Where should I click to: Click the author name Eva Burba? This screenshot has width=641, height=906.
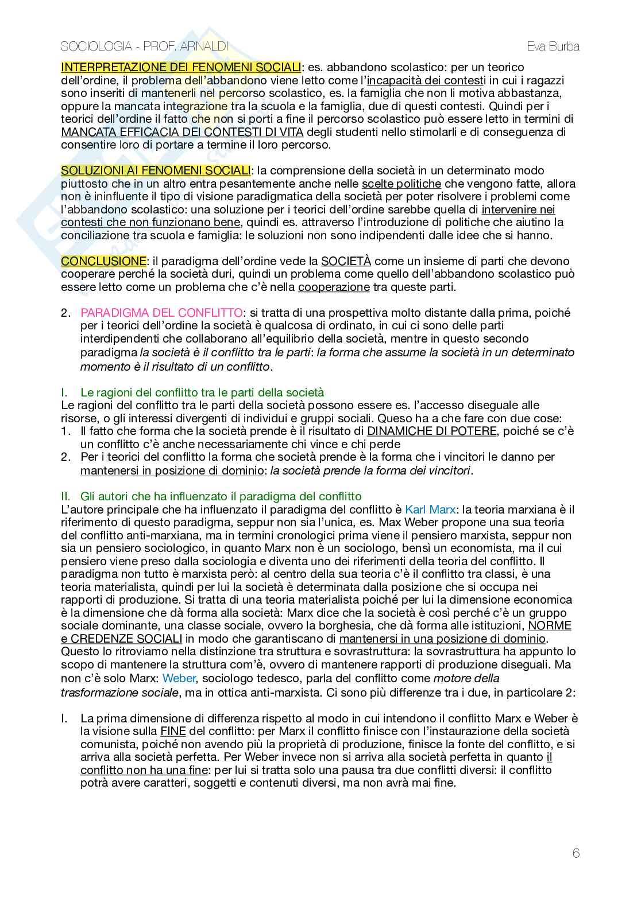pos(553,47)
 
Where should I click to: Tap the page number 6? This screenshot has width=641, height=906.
pos(576,853)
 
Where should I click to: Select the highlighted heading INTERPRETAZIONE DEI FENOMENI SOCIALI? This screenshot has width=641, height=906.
pos(181,67)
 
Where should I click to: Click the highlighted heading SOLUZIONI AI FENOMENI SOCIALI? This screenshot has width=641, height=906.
pos(156,170)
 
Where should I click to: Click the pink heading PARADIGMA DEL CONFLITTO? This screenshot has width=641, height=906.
pos(161,313)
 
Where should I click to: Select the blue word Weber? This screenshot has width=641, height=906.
pos(179,678)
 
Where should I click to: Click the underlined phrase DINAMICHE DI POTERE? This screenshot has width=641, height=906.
pos(431,430)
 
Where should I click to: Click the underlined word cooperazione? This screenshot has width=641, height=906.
pos(334,287)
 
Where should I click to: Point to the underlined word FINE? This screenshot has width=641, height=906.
pos(173,731)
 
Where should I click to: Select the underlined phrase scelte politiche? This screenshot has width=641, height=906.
pos(401,184)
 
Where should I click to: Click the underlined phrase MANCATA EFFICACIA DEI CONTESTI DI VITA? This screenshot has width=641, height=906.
pos(182,132)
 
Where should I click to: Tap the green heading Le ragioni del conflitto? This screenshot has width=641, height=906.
pos(202,392)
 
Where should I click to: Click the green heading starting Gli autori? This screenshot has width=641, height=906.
pos(221,496)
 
